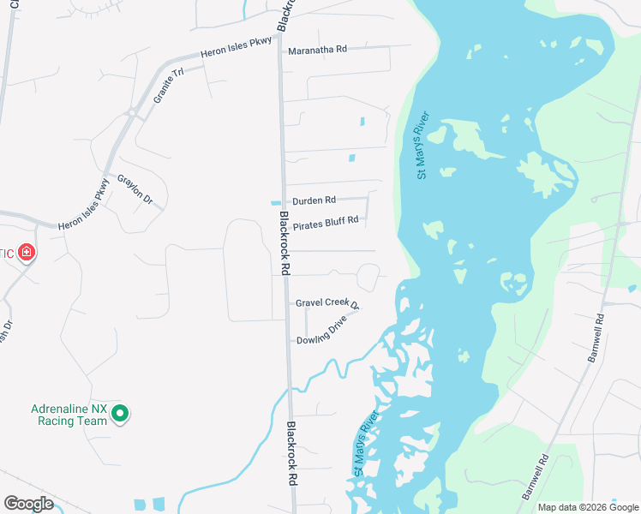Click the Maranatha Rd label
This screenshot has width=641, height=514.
coord(317,50)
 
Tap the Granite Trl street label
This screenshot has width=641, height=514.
coord(169,87)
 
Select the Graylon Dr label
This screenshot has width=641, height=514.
coord(135,189)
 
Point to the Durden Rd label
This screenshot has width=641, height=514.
coord(314,200)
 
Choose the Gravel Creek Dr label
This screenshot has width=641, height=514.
coord(326,303)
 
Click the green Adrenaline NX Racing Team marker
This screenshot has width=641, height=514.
coord(121,414)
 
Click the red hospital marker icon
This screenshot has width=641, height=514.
coord(27,252)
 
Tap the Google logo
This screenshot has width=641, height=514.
coord(28,503)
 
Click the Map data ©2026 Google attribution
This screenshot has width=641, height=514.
coord(587,507)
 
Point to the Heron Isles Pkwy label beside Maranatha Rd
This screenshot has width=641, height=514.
coord(236,47)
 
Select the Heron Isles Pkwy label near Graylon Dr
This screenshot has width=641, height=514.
coord(84,203)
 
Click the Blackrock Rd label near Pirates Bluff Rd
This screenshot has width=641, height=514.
coord(285,243)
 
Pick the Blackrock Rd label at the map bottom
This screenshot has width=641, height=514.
coord(291,454)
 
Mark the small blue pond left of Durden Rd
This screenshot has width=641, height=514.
coord(275,203)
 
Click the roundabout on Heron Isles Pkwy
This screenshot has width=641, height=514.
coord(132,112)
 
